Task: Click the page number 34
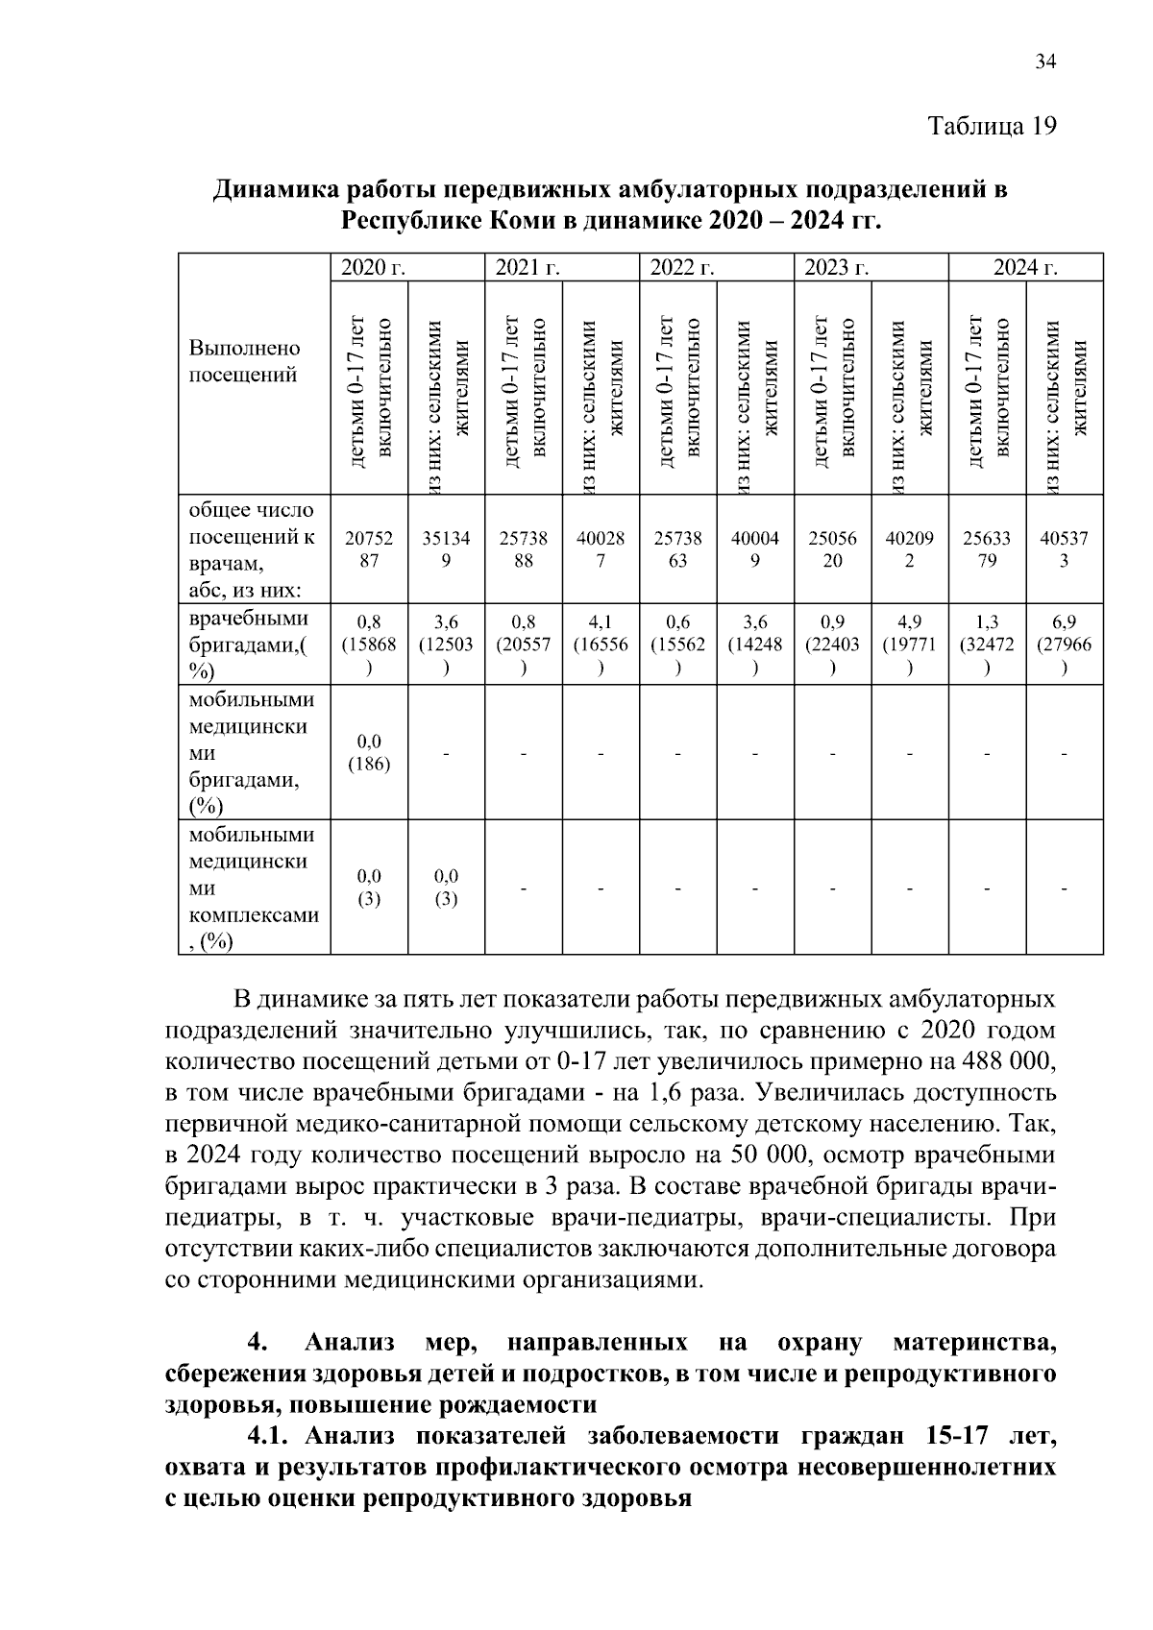[1044, 62]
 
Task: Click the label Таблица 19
[992, 126]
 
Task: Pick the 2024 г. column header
[1025, 268]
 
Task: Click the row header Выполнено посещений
[244, 361]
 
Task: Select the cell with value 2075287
[369, 549]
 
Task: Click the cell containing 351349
[446, 549]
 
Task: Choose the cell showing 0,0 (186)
[369, 753]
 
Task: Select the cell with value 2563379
[987, 549]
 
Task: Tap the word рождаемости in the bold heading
[518, 1405]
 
